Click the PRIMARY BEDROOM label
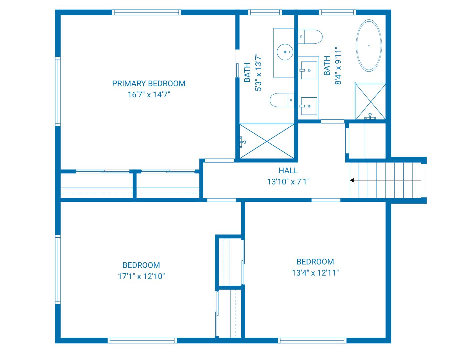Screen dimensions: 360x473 point(149,83)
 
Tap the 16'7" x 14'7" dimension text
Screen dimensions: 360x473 point(149,95)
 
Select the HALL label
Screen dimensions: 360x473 point(288,171)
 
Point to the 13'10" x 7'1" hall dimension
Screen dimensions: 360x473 point(288,182)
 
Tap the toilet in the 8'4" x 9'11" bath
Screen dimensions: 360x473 point(310,37)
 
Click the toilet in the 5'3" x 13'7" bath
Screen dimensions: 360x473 point(282,100)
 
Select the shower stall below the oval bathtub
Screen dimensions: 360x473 point(370,101)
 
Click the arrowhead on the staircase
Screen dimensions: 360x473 point(352,180)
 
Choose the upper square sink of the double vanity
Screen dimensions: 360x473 point(309,70)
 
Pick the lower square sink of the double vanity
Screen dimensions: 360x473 point(309,106)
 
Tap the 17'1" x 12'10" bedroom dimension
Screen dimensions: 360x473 point(141,276)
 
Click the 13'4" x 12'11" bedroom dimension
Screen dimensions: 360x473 point(315,273)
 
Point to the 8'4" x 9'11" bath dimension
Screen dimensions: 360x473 point(338,66)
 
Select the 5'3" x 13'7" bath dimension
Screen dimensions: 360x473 point(258,72)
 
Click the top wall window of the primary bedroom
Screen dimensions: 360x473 point(147,12)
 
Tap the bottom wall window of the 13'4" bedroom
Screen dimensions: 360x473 point(312,340)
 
